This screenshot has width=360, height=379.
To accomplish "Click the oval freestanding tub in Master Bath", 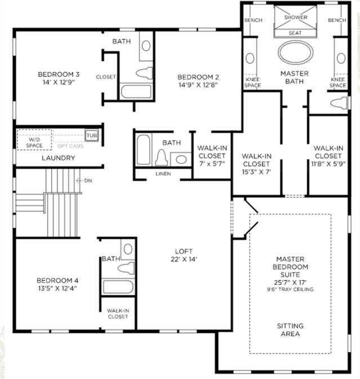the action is [x=296, y=52].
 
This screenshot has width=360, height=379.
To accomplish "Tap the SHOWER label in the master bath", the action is [x=296, y=17].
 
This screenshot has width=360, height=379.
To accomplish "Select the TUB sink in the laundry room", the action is [x=91, y=135].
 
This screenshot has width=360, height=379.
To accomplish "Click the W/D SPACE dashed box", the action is [x=34, y=140].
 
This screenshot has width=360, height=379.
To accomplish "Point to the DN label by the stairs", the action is [x=88, y=180].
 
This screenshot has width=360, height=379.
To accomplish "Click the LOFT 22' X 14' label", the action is [x=184, y=255].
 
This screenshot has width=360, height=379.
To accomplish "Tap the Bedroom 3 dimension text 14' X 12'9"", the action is [x=59, y=82].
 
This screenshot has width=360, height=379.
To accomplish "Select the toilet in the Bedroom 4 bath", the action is [x=126, y=268].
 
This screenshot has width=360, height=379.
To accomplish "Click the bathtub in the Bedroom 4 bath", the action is [x=118, y=287].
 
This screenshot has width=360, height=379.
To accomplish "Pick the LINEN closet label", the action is [x=163, y=174].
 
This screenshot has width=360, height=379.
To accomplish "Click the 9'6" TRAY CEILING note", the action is [x=290, y=289].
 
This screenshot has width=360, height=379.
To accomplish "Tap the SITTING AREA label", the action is [x=290, y=330].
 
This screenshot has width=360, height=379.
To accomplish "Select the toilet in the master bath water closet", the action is [x=340, y=103].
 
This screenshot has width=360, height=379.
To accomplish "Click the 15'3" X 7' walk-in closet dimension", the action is [x=256, y=172].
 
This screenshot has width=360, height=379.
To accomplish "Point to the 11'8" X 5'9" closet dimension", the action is [x=328, y=164].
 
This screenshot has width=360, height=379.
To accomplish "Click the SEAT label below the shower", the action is [x=295, y=33].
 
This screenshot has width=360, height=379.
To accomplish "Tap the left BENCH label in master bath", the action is [x=254, y=20].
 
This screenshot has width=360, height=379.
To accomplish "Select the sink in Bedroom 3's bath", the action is [x=146, y=46].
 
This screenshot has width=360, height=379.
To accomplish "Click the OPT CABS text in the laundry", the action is [x=70, y=146].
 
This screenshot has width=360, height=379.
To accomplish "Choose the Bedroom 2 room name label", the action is [x=198, y=77].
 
